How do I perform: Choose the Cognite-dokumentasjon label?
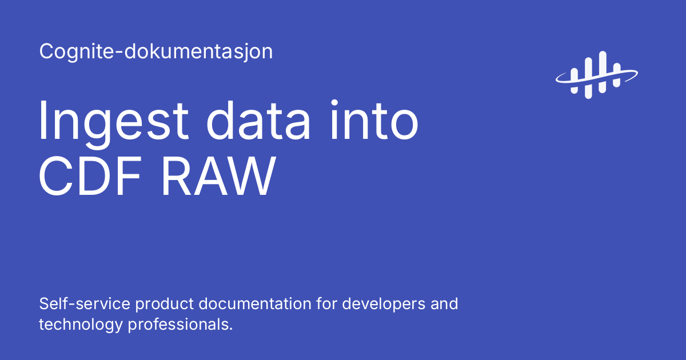(x=155, y=52)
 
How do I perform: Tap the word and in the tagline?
(x=445, y=303)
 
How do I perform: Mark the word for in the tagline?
(x=328, y=303)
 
